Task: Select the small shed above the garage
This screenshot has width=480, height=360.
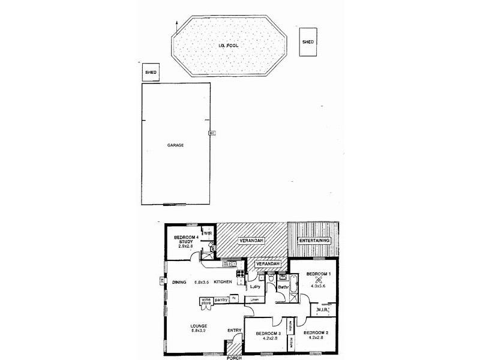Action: pyautogui.click(x=149, y=73)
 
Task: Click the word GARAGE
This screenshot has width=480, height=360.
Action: pyautogui.click(x=175, y=145)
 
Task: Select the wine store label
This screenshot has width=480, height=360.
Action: pyautogui.click(x=206, y=301)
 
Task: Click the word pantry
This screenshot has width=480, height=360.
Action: pyautogui.click(x=222, y=299)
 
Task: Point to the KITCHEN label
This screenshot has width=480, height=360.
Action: pyautogui.click(x=223, y=282)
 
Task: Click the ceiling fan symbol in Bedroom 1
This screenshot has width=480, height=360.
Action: pyautogui.click(x=319, y=278)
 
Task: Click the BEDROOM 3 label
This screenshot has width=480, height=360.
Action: pyautogui.click(x=268, y=333)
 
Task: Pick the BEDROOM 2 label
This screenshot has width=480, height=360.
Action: pyautogui.click(x=315, y=333)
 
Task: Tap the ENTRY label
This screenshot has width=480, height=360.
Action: pyautogui.click(x=235, y=331)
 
